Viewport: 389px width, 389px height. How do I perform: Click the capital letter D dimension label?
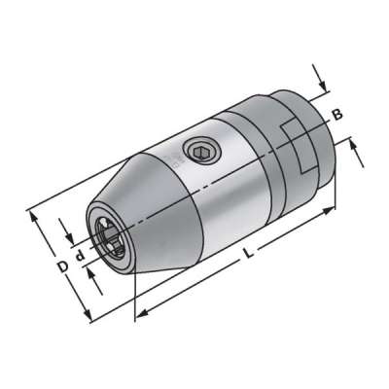pos(60,265)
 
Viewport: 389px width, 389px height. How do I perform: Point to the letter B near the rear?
pos(337,115)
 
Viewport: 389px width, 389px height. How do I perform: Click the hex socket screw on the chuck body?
pos(201,150)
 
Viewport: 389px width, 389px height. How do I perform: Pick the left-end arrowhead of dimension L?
pos(135,313)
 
